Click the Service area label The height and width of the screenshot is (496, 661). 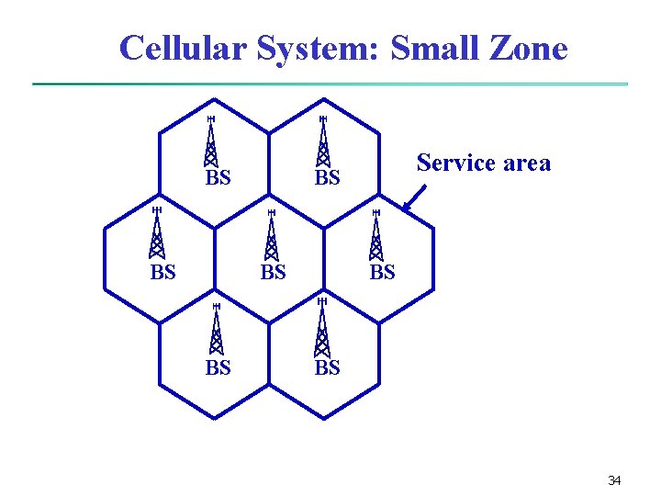click(483, 163)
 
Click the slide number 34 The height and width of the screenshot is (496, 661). click(614, 480)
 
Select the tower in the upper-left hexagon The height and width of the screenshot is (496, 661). click(211, 142)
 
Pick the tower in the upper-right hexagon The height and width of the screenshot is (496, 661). click(322, 142)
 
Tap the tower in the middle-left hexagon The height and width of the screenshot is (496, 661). click(157, 234)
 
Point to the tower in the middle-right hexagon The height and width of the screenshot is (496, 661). click(375, 236)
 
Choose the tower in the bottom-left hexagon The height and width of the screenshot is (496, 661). click(216, 330)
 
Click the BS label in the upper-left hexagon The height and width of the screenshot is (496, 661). click(218, 178)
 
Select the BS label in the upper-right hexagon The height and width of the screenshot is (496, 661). click(327, 178)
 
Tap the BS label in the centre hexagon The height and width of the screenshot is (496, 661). click(273, 273)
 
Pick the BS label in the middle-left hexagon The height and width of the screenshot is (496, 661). click(162, 273)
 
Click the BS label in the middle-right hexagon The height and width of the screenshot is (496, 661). click(382, 273)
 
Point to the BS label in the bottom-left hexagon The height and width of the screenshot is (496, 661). click(218, 368)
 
